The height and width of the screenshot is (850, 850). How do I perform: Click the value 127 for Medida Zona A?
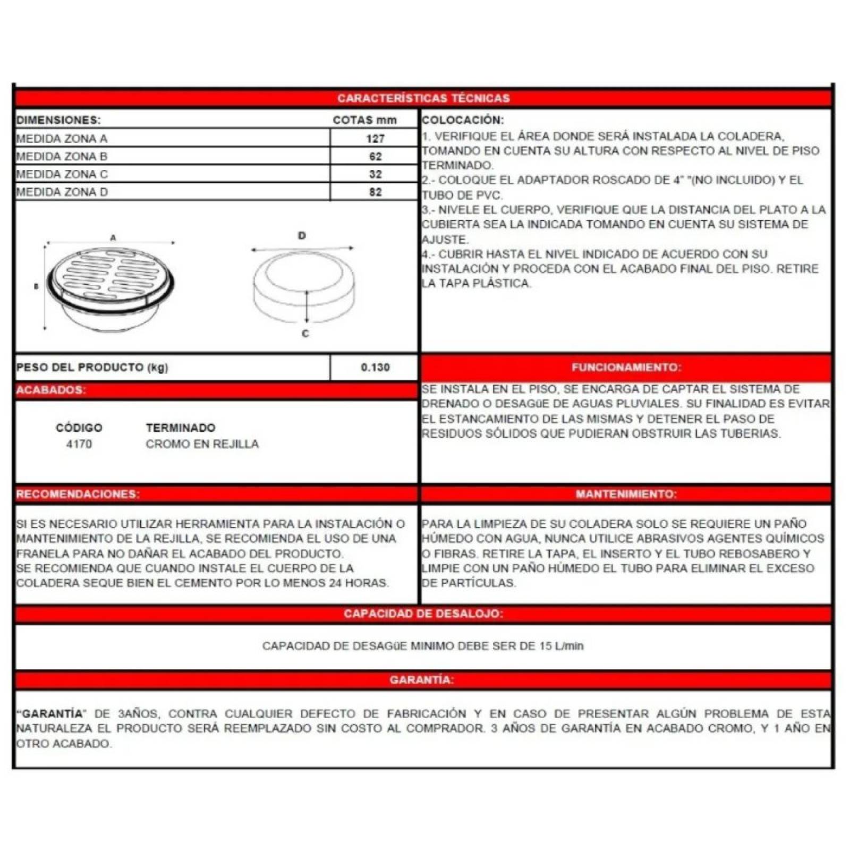(375, 139)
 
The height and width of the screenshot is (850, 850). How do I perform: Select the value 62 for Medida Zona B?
(375, 156)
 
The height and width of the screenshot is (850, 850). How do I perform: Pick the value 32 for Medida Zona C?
(375, 174)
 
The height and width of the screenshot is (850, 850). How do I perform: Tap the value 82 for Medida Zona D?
(375, 192)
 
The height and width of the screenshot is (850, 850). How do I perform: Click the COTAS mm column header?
(364, 120)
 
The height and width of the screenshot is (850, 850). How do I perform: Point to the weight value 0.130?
(375, 367)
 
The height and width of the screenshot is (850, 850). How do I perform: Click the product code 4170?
(79, 444)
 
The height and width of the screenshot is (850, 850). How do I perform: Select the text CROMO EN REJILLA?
(202, 444)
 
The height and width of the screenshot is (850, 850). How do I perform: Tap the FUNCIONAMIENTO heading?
(626, 367)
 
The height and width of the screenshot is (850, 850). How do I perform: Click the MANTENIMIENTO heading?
(626, 494)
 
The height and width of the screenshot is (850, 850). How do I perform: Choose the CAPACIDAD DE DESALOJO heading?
(423, 614)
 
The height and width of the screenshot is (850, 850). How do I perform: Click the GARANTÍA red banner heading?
(422, 680)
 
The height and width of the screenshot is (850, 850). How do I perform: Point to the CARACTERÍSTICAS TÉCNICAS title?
(423, 98)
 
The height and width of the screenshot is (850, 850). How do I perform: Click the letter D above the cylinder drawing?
(302, 235)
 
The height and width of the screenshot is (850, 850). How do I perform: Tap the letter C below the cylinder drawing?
(305, 334)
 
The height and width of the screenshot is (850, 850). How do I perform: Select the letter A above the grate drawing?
(113, 237)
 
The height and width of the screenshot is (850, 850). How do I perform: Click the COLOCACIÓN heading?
(462, 120)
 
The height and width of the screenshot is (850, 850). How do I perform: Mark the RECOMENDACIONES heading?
(78, 494)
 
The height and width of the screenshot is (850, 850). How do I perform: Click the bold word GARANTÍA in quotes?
(52, 713)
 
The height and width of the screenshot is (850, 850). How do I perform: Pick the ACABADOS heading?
(50, 390)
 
